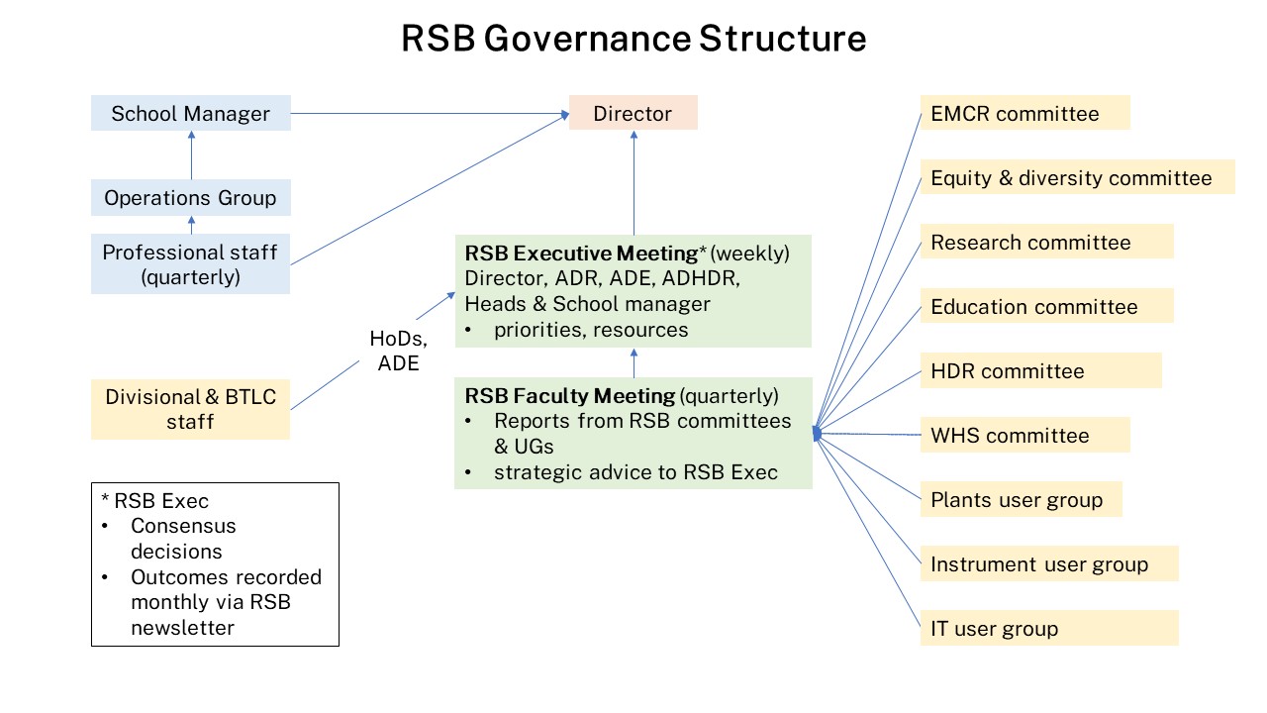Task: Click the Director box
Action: [633, 113]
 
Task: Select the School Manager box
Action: [190, 113]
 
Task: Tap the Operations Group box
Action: [190, 197]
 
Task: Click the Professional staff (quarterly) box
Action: [190, 264]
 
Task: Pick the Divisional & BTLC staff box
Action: [190, 409]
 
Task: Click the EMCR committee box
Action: [1024, 113]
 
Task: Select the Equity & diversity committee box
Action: [1077, 177]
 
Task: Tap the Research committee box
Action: [1046, 242]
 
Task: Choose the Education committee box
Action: [1046, 306]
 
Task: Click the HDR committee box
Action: [1040, 370]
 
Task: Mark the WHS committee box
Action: [1024, 435]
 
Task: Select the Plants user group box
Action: [1021, 499]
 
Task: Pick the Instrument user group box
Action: [1049, 563]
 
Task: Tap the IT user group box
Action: [1049, 628]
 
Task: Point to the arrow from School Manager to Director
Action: [426, 113]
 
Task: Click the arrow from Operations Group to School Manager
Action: [191, 154]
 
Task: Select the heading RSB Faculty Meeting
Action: [570, 396]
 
